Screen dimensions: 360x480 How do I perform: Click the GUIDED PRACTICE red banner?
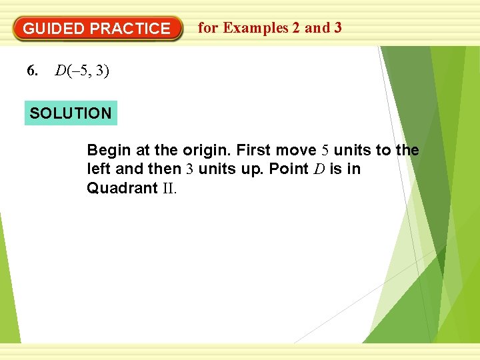tap(97, 29)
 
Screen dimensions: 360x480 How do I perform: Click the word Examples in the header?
tap(256, 28)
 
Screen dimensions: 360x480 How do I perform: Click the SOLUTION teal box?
tap(71, 113)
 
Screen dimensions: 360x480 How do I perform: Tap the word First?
tap(253, 150)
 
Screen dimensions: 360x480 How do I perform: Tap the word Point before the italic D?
tap(289, 169)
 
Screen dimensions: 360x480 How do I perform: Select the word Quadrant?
tap(121, 188)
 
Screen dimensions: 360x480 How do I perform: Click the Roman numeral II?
tap(169, 188)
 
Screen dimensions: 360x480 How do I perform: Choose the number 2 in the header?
tap(294, 28)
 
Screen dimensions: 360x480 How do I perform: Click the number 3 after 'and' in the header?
tap(337, 28)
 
